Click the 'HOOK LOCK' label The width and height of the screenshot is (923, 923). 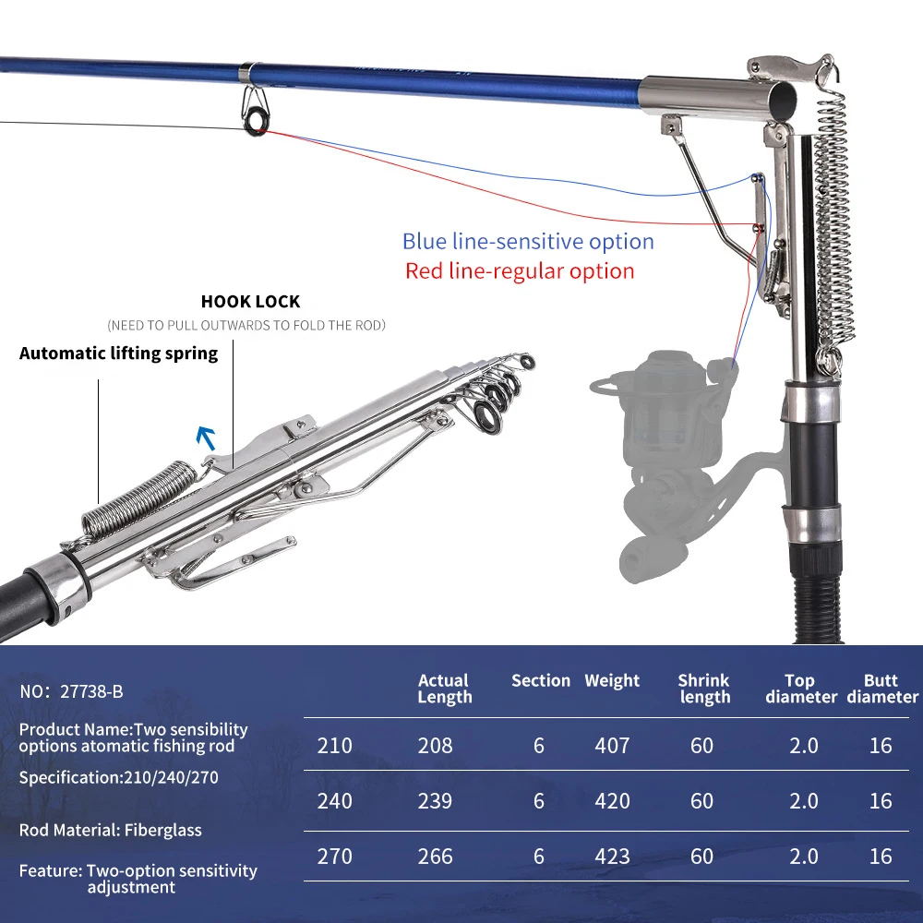250,302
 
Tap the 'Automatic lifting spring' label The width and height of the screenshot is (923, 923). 118,354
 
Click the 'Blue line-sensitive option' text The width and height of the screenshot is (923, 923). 528,242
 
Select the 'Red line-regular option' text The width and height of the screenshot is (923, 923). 520,271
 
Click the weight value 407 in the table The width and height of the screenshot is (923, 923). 612,745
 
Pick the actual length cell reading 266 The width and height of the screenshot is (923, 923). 435,857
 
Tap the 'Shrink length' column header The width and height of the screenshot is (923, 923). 703,689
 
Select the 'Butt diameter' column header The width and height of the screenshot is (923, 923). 882,689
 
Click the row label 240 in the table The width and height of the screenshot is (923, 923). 334,800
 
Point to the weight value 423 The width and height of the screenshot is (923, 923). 612,857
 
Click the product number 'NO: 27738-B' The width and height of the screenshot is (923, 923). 71,691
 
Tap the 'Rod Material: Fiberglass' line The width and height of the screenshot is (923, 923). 110,830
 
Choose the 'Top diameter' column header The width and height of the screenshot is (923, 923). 800,689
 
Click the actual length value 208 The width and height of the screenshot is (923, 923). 435,745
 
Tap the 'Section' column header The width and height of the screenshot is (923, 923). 541,680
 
